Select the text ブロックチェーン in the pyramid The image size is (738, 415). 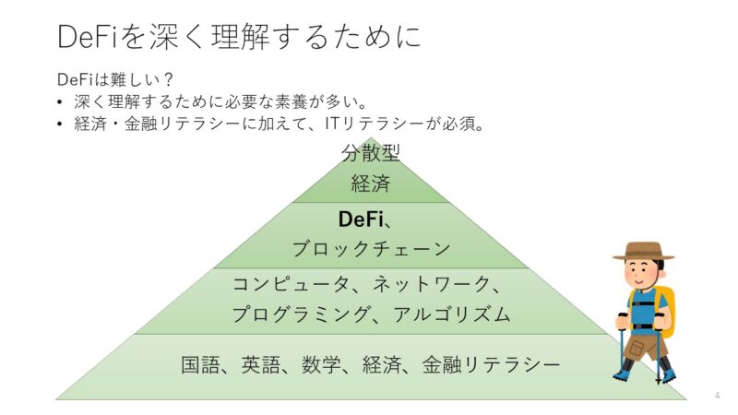coord(371,248)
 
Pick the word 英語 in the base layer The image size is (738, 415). coord(260,365)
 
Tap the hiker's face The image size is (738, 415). coord(643,273)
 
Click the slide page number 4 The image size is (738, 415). coord(717,396)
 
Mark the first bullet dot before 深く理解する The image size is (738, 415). coord(60,101)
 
